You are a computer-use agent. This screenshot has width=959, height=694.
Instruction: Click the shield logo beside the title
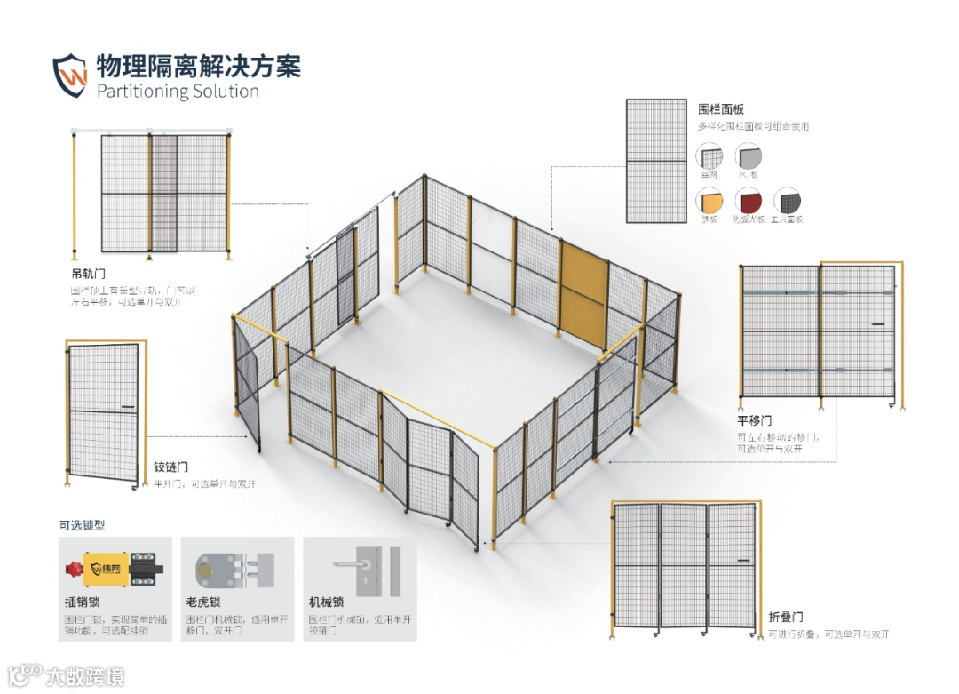click(x=70, y=76)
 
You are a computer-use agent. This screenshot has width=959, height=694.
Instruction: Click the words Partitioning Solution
click(x=177, y=92)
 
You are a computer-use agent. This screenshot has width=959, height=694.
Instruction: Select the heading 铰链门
click(x=171, y=467)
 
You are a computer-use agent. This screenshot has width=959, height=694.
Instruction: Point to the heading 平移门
click(x=754, y=420)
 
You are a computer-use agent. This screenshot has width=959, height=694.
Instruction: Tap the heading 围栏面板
click(x=721, y=109)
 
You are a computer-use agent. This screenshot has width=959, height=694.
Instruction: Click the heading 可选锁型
click(x=82, y=525)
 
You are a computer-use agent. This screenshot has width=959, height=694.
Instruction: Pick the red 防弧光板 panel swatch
click(x=748, y=201)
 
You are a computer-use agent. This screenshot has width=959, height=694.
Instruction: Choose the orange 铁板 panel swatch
click(x=709, y=201)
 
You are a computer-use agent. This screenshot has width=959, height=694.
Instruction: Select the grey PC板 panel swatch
click(x=749, y=157)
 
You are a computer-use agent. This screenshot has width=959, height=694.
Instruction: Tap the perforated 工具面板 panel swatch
click(x=788, y=201)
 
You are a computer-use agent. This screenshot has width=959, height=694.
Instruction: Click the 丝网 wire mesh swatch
click(x=709, y=157)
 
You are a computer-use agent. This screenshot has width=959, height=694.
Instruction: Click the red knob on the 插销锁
click(x=71, y=566)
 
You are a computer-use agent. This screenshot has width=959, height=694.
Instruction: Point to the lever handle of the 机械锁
click(x=351, y=562)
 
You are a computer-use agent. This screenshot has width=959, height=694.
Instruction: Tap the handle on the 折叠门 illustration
click(x=742, y=560)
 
